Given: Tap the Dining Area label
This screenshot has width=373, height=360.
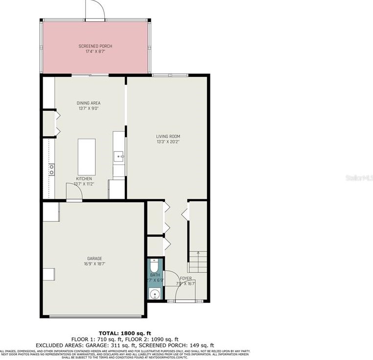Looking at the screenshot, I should click(89, 103).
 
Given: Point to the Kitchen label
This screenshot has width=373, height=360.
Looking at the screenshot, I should click(84, 179).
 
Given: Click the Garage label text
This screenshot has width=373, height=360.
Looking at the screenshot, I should click(94, 258).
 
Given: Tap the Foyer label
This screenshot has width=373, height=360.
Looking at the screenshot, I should click(186, 278).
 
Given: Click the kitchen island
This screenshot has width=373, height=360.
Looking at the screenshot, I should click(87, 154).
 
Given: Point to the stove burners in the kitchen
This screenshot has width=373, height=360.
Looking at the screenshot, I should click(51, 169).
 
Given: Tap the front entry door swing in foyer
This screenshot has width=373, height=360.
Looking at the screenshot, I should click(173, 287).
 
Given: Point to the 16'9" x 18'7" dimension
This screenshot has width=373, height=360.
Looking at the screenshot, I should click(94, 264).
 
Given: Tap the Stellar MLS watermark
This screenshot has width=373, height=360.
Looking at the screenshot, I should click(360, 177).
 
